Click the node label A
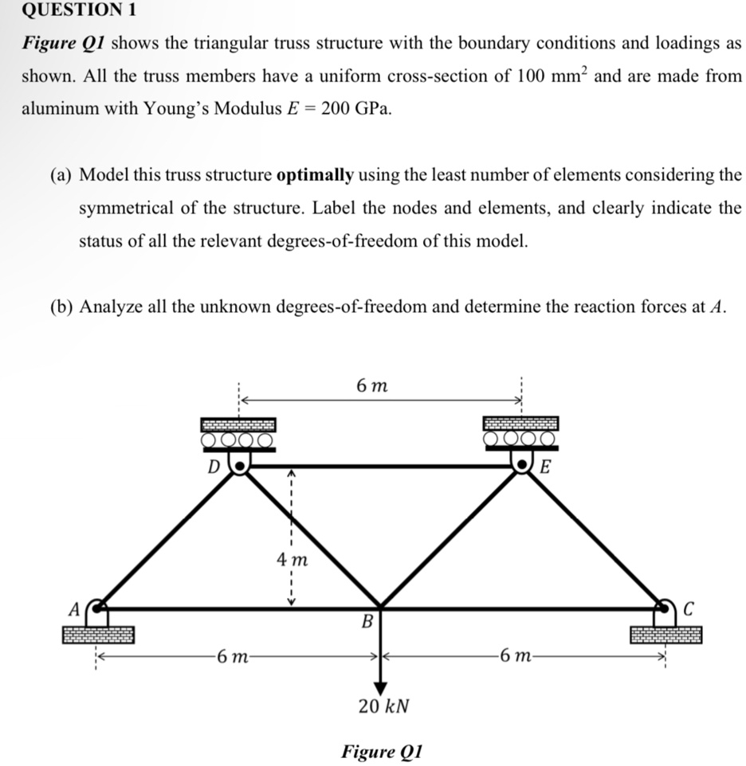pyautogui.click(x=73, y=610)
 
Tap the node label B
pyautogui.click(x=368, y=621)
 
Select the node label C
pyautogui.click(x=689, y=610)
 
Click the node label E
pyautogui.click(x=545, y=467)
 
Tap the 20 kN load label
pyautogui.click(x=383, y=706)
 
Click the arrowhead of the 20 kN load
pyautogui.click(x=380, y=686)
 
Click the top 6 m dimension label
pyautogui.click(x=373, y=386)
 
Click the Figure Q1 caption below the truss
pyautogui.click(x=381, y=751)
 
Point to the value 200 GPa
pyautogui.click(x=356, y=109)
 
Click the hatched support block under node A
pyautogui.click(x=99, y=635)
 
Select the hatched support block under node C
pyautogui.click(x=666, y=635)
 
